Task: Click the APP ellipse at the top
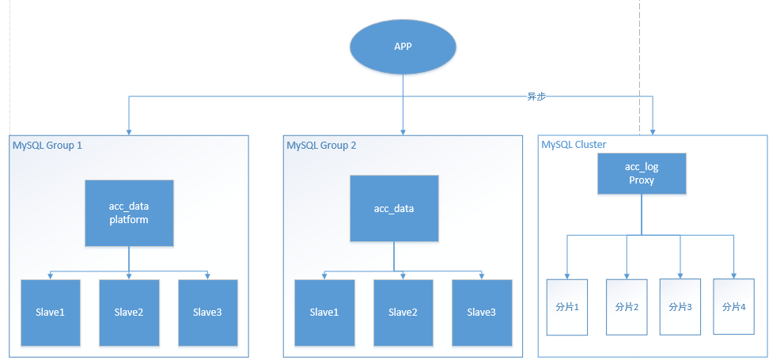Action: (x=403, y=46)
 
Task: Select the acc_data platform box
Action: (x=128, y=213)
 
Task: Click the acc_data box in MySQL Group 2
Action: (x=394, y=209)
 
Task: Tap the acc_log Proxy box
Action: (x=641, y=174)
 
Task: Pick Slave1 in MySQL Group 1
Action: (x=51, y=313)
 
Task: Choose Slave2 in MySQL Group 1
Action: (x=129, y=313)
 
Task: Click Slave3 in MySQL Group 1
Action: (x=207, y=313)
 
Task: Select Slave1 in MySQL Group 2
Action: (x=324, y=313)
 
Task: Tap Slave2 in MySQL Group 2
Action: (x=403, y=313)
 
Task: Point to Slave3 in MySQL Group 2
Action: (x=481, y=313)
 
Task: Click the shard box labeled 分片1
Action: (x=569, y=306)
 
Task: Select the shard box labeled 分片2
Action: (x=626, y=306)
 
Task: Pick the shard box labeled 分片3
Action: (x=680, y=306)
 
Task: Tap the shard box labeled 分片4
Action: (x=734, y=306)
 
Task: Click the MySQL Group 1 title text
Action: (x=47, y=146)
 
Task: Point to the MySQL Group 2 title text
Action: (x=321, y=146)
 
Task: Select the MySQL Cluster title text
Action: (x=574, y=145)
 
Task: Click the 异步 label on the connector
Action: (x=536, y=97)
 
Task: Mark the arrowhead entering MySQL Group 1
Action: (x=128, y=131)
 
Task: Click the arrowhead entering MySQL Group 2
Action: (x=403, y=131)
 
